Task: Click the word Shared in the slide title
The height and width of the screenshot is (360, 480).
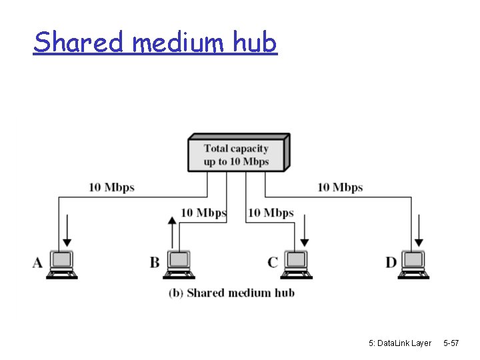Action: tap(79, 43)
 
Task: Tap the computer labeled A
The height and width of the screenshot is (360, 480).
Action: tap(62, 264)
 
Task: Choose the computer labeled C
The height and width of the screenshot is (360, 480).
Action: tap(295, 264)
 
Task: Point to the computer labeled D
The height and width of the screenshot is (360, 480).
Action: tap(414, 264)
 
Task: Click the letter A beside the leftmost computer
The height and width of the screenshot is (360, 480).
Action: tap(37, 263)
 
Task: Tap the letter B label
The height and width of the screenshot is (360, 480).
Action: tap(155, 263)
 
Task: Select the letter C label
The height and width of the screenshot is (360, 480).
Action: tap(273, 263)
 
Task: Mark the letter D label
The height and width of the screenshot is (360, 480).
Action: tap(391, 263)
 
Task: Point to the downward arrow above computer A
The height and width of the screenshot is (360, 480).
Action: tap(67, 233)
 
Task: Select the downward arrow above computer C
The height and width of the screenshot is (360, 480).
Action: tap(305, 230)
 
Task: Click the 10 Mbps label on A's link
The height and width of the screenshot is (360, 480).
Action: tap(112, 187)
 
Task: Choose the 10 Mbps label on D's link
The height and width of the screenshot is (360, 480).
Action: tap(340, 187)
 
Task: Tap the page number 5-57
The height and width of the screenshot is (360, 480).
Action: tap(451, 343)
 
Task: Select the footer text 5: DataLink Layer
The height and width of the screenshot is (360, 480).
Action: tap(399, 343)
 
